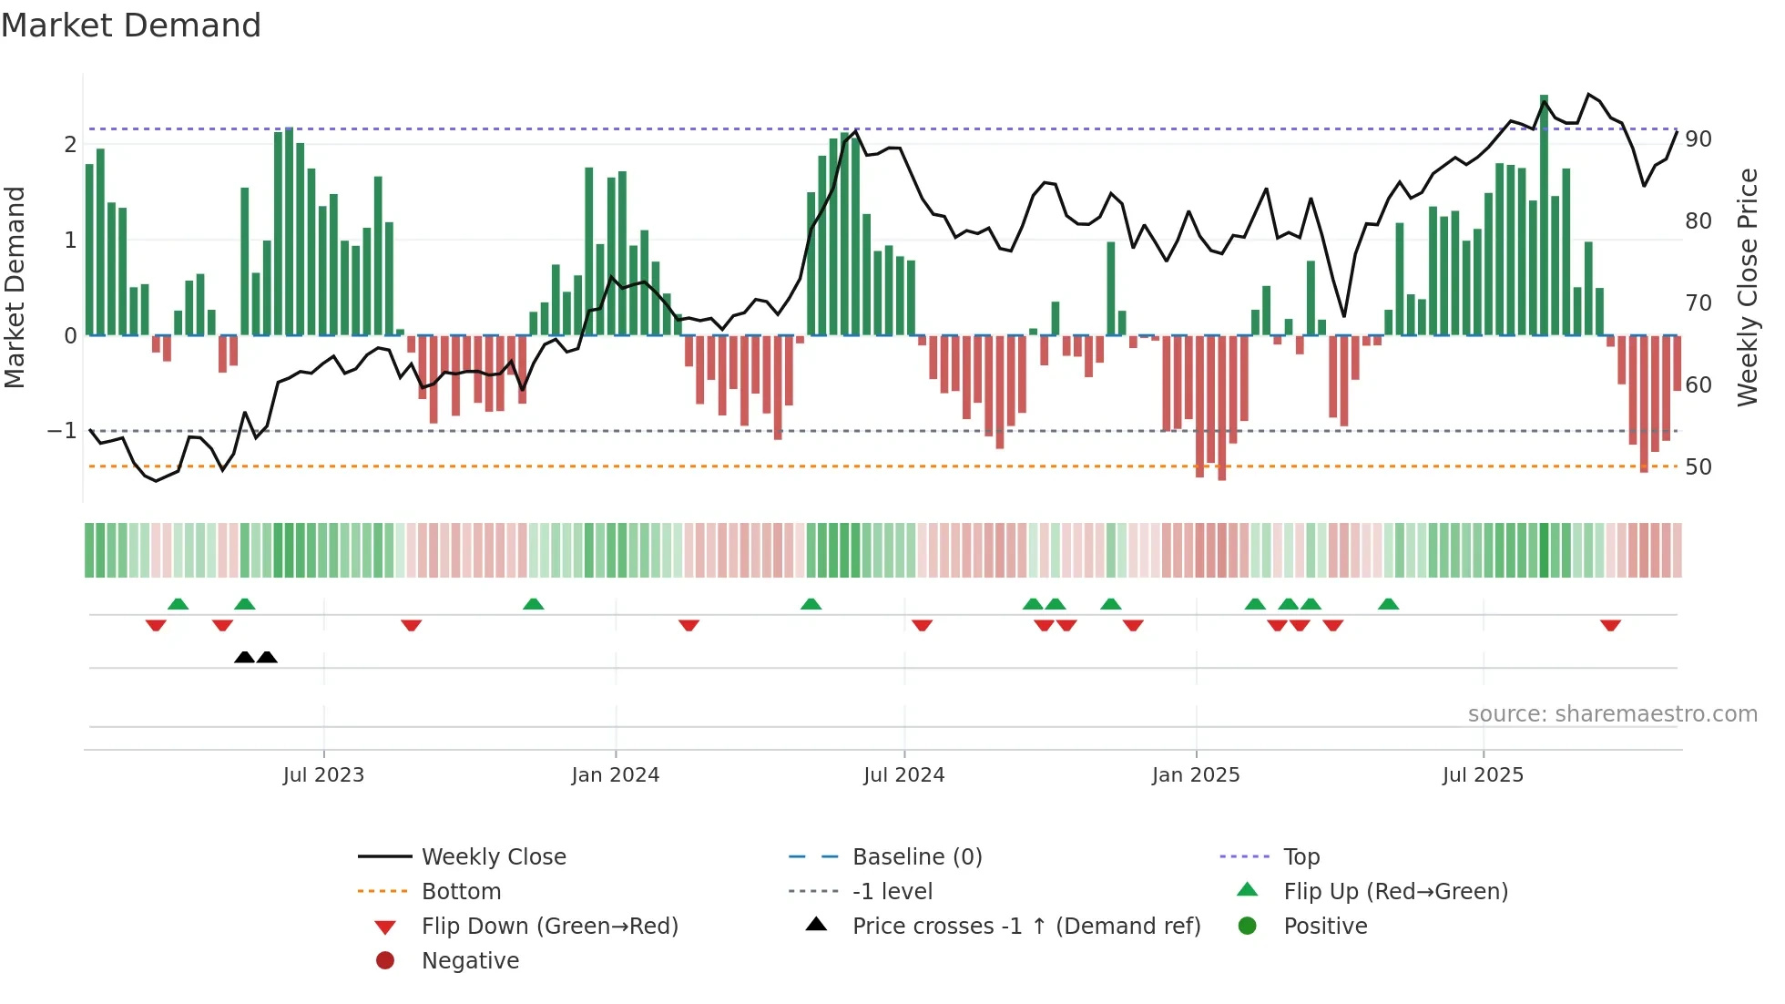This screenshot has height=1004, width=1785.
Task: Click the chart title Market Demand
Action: pyautogui.click(x=131, y=26)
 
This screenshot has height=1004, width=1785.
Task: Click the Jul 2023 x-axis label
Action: pyautogui.click(x=323, y=775)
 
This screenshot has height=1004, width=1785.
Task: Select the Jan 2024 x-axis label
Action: pyautogui.click(x=615, y=775)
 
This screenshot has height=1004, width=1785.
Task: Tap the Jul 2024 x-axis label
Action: pyautogui.click(x=903, y=775)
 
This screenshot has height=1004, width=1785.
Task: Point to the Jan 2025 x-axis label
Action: pyautogui.click(x=1195, y=775)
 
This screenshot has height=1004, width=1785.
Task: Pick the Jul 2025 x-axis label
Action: pyautogui.click(x=1483, y=775)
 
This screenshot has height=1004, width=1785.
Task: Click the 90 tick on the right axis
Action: pyautogui.click(x=1698, y=139)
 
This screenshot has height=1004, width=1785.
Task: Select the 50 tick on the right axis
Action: pyautogui.click(x=1698, y=467)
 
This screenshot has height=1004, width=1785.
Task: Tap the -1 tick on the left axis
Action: pyautogui.click(x=62, y=430)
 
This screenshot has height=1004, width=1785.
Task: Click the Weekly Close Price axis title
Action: pyautogui.click(x=1747, y=287)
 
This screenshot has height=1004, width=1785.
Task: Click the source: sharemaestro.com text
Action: pyautogui.click(x=1612, y=714)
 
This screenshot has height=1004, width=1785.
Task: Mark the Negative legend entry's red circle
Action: pyautogui.click(x=385, y=961)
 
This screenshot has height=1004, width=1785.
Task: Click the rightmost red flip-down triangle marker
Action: pyautogui.click(x=1610, y=625)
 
